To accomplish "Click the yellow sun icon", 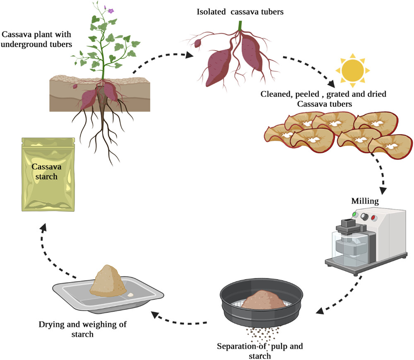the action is click(352, 70).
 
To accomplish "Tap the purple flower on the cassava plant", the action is click(111, 11).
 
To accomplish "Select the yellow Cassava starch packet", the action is click(48, 174).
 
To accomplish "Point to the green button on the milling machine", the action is click(355, 214).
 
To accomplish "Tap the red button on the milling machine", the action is click(373, 218).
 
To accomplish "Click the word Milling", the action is click(365, 201).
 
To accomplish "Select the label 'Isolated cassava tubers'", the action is click(240, 12).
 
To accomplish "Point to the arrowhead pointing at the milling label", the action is click(383, 191).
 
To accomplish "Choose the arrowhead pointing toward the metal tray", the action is click(155, 315).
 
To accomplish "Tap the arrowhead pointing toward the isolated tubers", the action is click(189, 55).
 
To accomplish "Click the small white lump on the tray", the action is click(130, 295).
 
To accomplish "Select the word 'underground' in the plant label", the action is click(26, 44).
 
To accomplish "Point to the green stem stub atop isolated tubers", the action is click(240, 26).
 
